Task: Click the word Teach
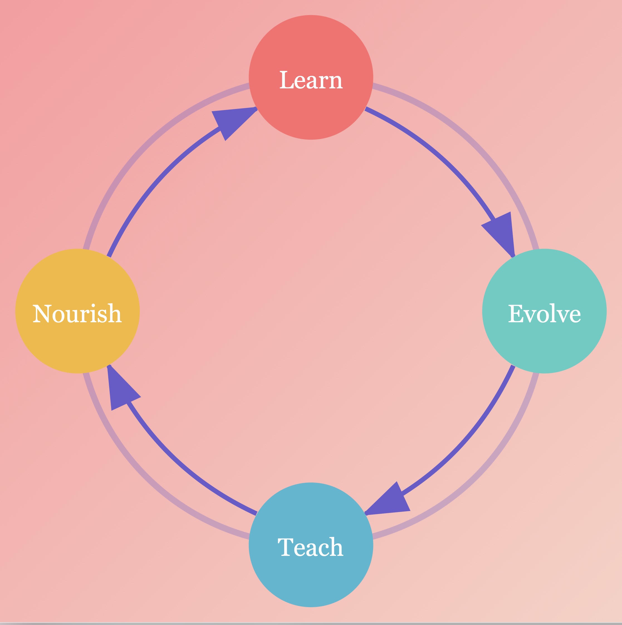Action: (310, 547)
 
